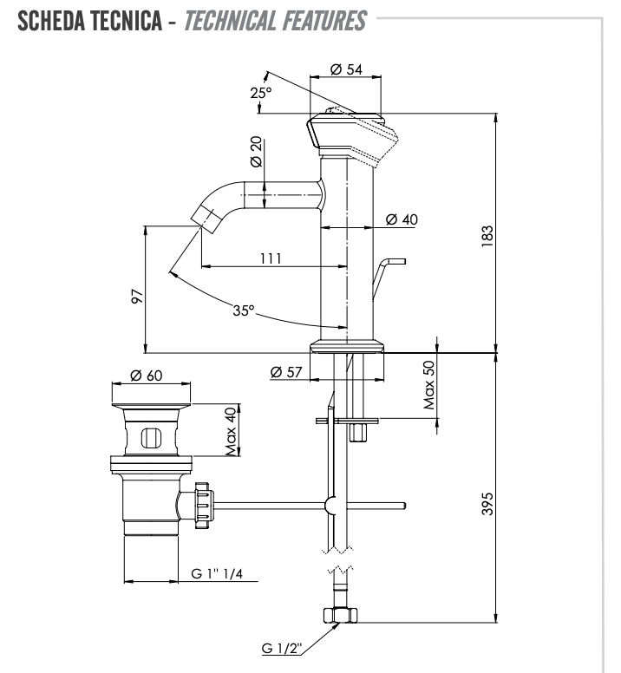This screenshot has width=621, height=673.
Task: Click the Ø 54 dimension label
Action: (347, 70)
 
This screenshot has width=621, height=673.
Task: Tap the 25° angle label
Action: (261, 93)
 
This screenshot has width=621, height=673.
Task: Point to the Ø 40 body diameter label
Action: (401, 219)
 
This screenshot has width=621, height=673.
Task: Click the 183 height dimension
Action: (487, 234)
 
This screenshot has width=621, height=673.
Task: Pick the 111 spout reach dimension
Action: (269, 258)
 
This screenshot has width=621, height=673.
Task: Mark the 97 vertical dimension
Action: (136, 295)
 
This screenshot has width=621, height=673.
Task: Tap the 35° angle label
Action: (244, 310)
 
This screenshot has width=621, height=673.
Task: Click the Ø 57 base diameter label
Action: (286, 371)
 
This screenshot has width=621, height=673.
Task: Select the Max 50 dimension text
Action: (429, 384)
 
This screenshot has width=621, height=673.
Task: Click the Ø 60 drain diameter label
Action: (147, 376)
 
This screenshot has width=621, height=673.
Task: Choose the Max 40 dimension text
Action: (231, 431)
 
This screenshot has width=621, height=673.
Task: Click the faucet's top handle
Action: (351, 134)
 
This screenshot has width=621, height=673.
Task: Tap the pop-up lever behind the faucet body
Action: (386, 275)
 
